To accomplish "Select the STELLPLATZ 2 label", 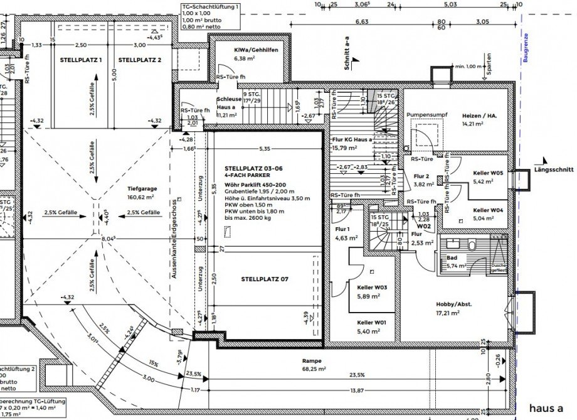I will (x=140, y=60).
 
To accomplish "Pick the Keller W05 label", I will (x=488, y=172).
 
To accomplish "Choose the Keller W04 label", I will (x=488, y=210).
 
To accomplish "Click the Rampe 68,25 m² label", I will (x=311, y=360).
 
